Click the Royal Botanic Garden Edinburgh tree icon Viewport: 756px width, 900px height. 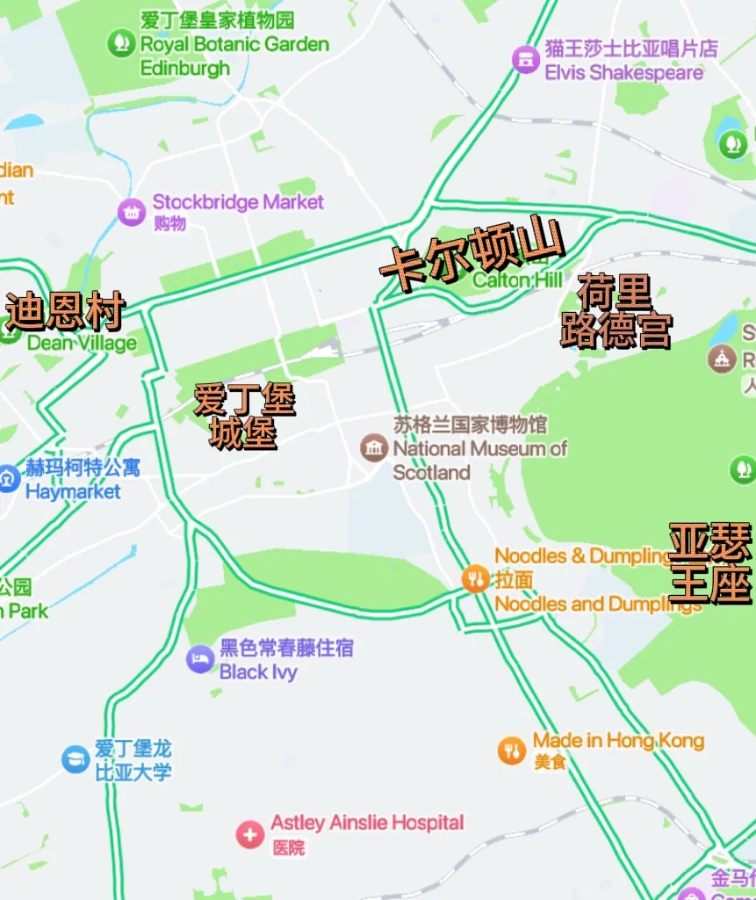(121, 42)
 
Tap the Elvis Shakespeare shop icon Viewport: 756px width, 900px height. (525, 59)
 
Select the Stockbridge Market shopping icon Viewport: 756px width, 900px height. (132, 211)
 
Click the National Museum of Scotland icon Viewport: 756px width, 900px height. (374, 447)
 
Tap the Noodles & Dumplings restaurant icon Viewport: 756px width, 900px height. (475, 577)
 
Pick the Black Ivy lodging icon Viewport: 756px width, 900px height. (200, 659)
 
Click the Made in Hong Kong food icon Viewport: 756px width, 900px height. (511, 750)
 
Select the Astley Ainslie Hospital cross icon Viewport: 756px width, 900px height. (249, 834)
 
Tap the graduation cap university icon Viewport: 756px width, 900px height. (76, 759)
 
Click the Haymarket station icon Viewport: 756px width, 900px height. (8, 479)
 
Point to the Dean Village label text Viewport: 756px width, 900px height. (82, 343)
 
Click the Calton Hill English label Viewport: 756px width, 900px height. (517, 280)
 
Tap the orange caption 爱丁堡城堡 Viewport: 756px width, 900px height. (244, 416)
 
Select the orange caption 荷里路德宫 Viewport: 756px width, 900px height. (616, 311)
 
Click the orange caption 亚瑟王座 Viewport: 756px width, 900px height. (710, 562)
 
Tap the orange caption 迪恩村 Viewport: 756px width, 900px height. (65, 311)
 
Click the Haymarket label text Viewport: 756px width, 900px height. (73, 491)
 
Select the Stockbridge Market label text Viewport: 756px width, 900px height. (238, 201)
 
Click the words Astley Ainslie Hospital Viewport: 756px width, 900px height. (367, 823)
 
